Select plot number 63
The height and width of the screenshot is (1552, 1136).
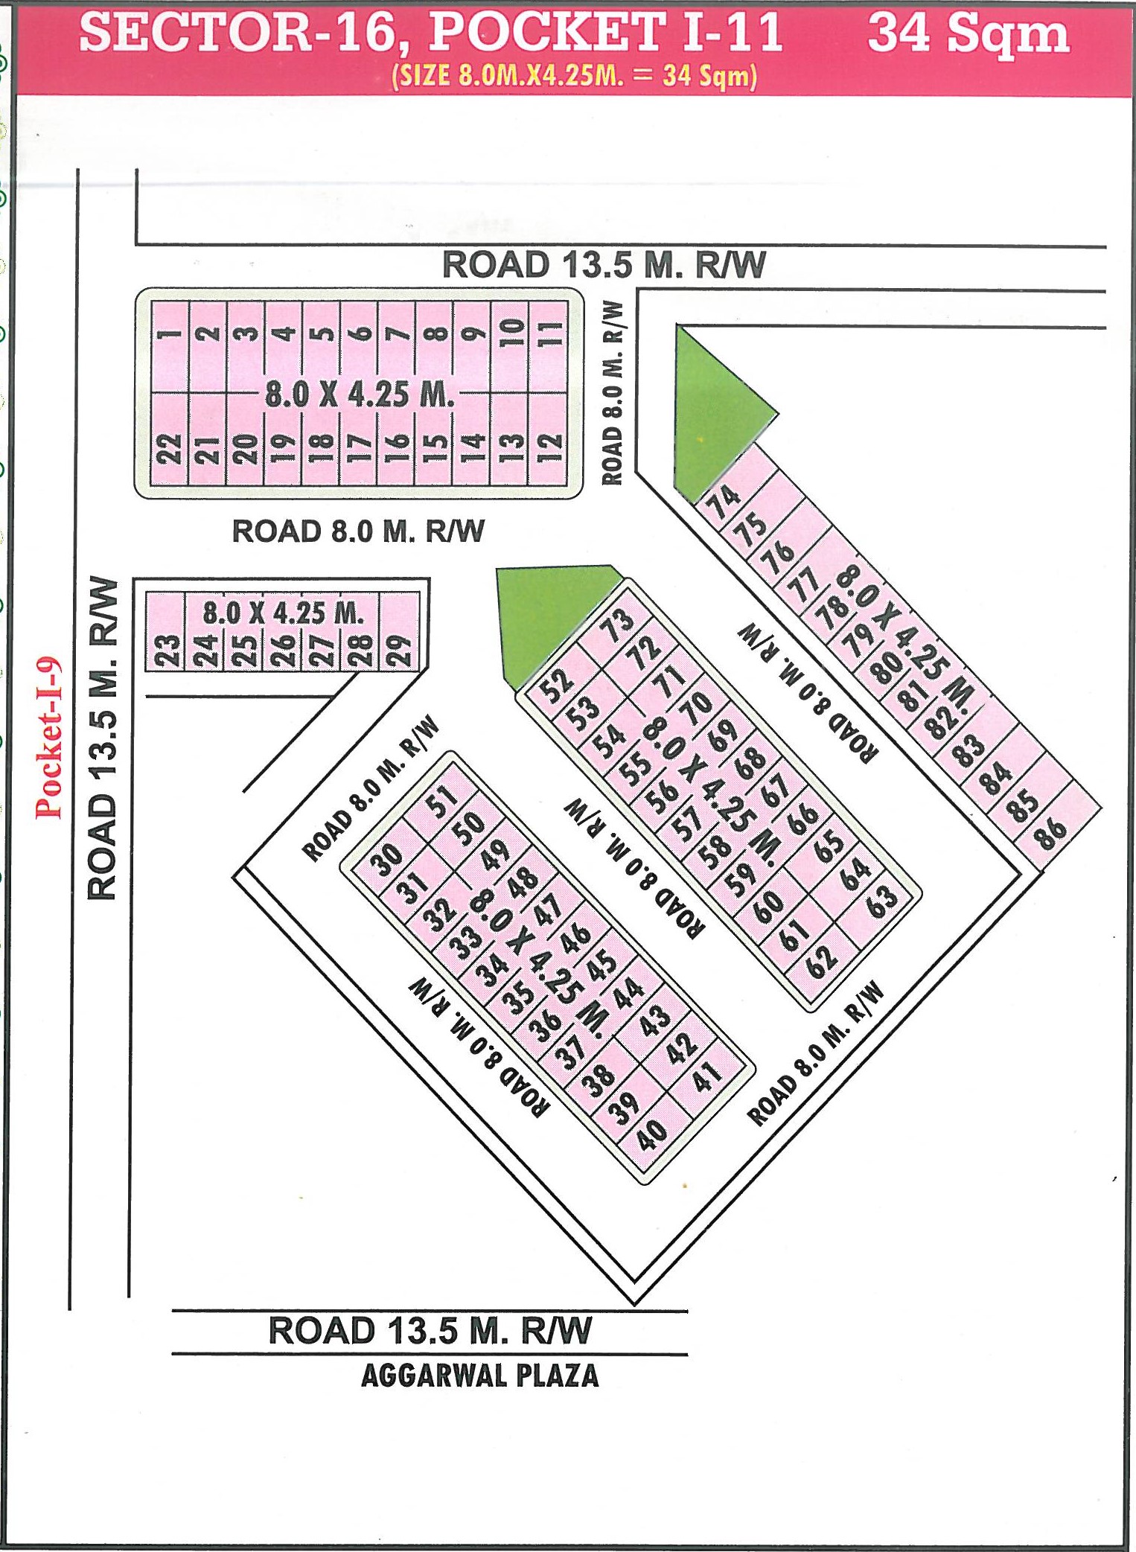(881, 901)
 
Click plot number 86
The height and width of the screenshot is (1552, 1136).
(1050, 832)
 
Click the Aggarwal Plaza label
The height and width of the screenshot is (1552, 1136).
(479, 1376)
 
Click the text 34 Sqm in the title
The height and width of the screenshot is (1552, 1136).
(968, 34)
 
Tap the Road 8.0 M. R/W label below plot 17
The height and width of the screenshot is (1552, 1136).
(358, 531)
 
